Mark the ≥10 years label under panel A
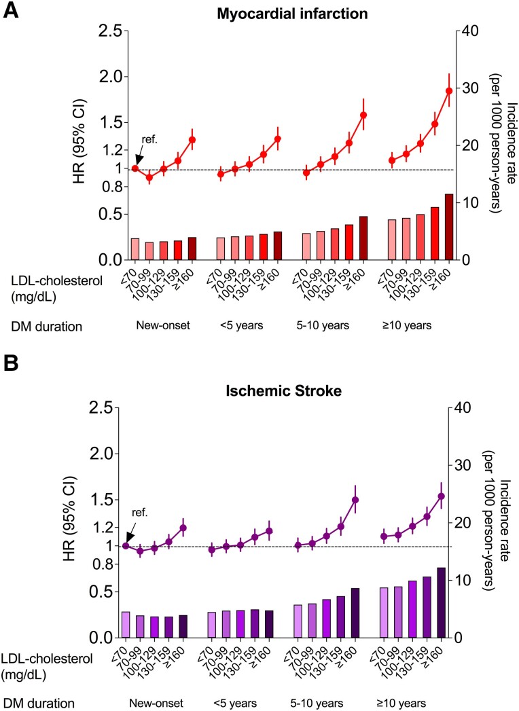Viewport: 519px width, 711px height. pyautogui.click(x=407, y=325)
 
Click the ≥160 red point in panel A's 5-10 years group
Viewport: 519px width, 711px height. pyautogui.click(x=363, y=115)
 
